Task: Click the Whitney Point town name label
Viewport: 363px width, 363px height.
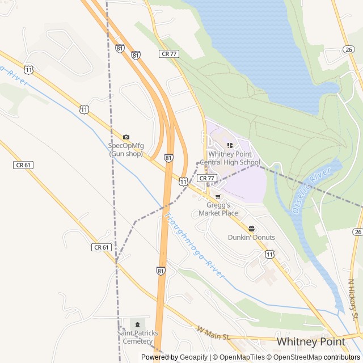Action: tap(310, 341)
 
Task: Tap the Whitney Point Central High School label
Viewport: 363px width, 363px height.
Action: tap(233, 158)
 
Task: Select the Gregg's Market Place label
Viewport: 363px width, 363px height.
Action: tap(218, 209)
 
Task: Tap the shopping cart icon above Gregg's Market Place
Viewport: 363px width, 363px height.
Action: tap(218, 197)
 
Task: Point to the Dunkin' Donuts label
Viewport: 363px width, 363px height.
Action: tap(251, 237)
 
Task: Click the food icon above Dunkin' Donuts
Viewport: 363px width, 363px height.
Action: tap(252, 229)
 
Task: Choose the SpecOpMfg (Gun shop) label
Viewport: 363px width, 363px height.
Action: tap(126, 150)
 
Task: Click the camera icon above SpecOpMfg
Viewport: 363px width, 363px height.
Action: tap(126, 137)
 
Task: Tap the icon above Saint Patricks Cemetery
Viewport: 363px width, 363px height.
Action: tap(137, 324)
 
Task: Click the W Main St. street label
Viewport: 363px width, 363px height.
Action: tap(214, 333)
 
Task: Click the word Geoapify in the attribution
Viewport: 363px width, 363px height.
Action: tap(195, 357)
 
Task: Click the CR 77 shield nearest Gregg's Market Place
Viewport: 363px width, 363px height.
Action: tap(207, 178)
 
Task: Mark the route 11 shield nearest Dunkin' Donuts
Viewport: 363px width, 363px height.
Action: tap(269, 254)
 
